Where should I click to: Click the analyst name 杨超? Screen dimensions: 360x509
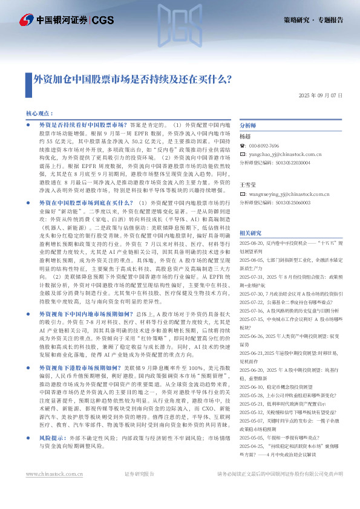(246, 137)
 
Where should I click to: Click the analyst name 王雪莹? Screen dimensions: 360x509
(248, 183)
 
